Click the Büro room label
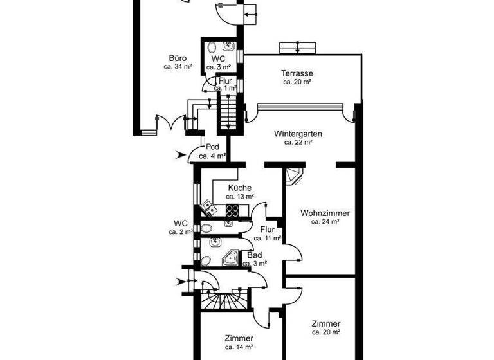tap(179, 58)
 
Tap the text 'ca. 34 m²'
tap(179, 67)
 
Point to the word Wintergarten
tap(298, 134)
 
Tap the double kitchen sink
tap(208, 208)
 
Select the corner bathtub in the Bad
tap(230, 258)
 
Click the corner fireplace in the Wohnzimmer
tap(294, 175)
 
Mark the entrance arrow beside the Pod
tap(182, 154)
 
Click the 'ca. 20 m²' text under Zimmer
tap(325, 333)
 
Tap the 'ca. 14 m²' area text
tap(239, 347)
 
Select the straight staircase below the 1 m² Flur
tap(227, 111)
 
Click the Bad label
tap(254, 255)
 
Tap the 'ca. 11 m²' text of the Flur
tap(267, 238)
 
